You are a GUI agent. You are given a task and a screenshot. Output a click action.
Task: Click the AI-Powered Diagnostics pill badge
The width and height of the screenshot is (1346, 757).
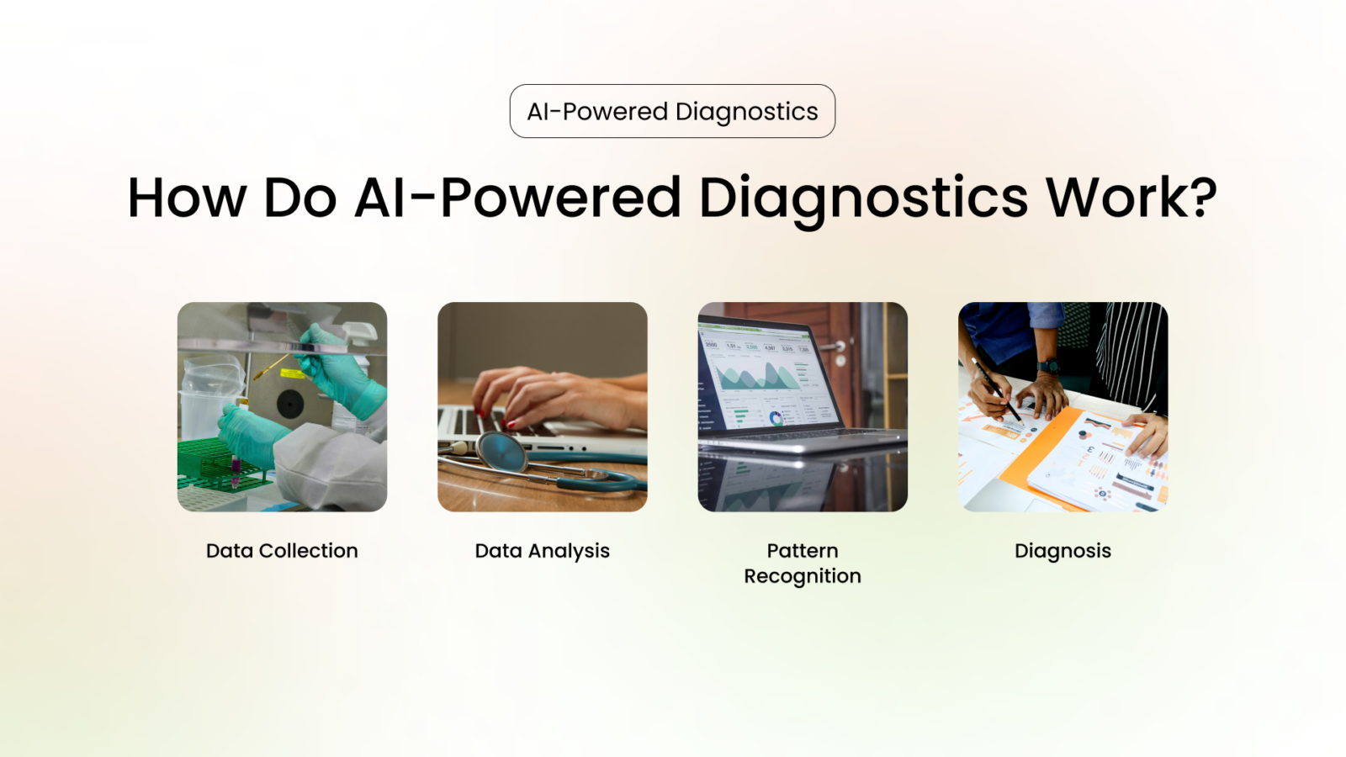coord(672,111)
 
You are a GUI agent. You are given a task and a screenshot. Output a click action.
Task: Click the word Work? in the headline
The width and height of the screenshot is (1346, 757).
coord(1131,199)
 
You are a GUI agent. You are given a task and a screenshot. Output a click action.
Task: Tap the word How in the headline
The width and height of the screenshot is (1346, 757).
coord(187,199)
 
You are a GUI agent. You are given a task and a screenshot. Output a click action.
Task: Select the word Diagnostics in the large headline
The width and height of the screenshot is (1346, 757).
coord(863,199)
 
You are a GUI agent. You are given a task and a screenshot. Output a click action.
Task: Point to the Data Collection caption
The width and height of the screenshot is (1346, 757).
coord(282,551)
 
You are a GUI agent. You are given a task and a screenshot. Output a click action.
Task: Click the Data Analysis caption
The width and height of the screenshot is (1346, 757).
coord(542,551)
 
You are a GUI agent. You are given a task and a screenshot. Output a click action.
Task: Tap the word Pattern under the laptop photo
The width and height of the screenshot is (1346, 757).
coord(803,551)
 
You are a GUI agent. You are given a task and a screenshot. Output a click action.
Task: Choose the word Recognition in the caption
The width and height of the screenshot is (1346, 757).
coord(803,576)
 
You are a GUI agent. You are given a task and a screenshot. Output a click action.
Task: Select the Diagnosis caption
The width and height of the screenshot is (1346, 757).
coord(1062,551)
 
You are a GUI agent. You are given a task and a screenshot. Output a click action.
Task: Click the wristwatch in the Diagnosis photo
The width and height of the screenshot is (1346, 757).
coord(1048,366)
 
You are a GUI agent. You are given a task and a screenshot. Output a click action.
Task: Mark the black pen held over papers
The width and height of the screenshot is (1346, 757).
coord(997,391)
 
